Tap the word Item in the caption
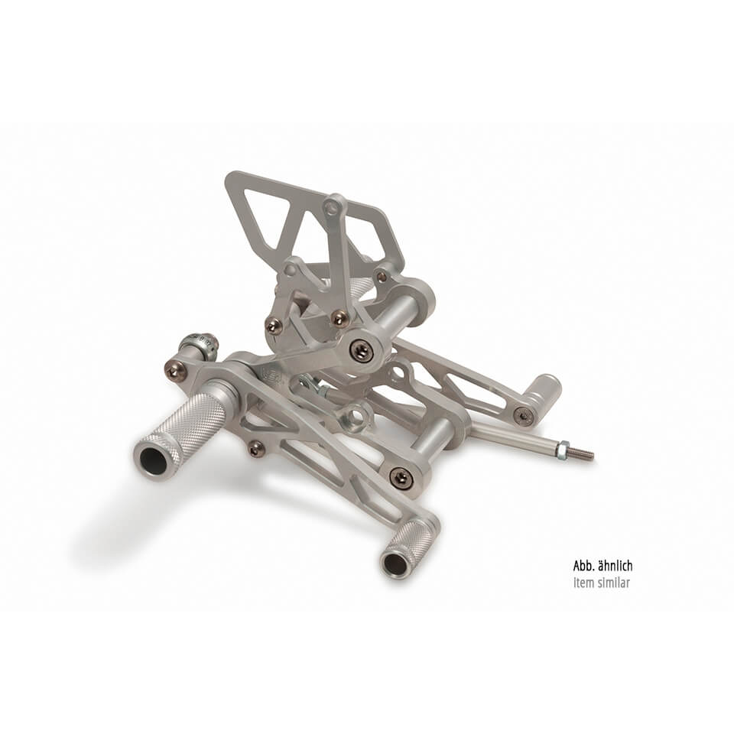pyautogui.click(x=583, y=583)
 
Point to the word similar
pyautogui.click(x=615, y=583)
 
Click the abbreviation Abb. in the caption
pyautogui.click(x=583, y=567)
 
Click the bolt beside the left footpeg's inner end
pyautogui.click(x=175, y=370)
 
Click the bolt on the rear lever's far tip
pyautogui.click(x=524, y=416)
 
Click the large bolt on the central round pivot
pyautogui.click(x=362, y=350)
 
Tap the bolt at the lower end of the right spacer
pyautogui.click(x=401, y=478)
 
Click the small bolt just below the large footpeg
pyautogui.click(x=256, y=449)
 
